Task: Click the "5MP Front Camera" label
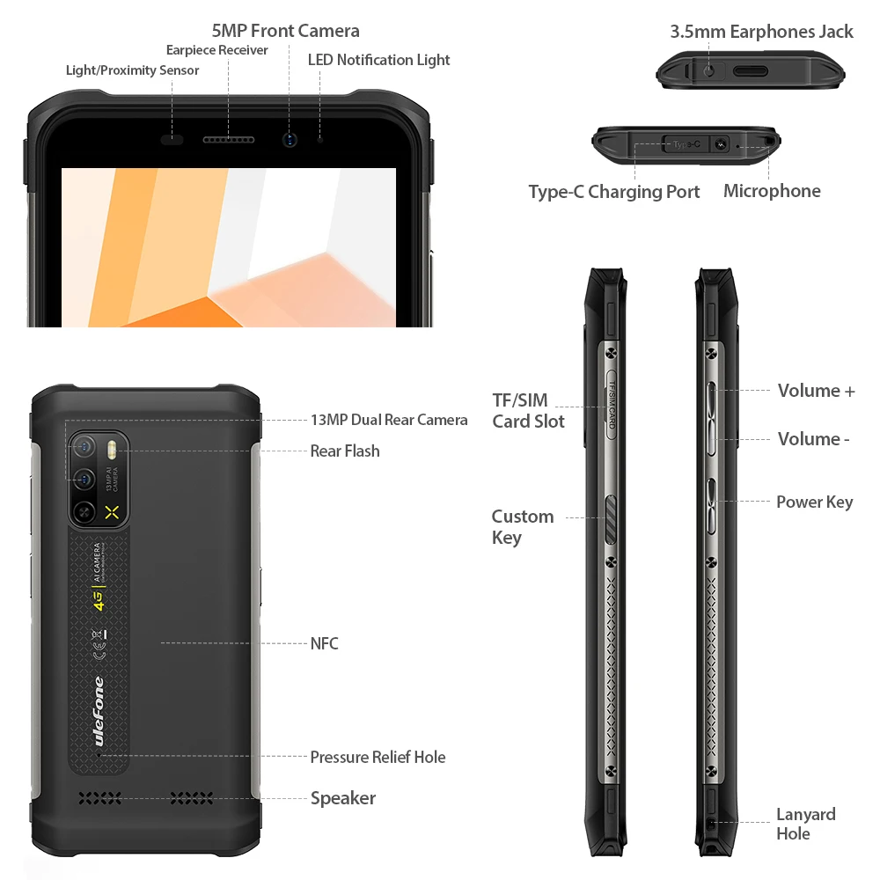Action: click(x=285, y=31)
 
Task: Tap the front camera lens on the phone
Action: click(x=290, y=140)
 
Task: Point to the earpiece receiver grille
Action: click(x=228, y=140)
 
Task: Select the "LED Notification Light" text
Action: click(x=378, y=60)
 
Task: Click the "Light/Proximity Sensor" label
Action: click(x=132, y=70)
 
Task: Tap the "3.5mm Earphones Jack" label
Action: click(x=761, y=32)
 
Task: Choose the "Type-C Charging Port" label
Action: click(x=613, y=192)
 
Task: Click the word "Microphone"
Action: click(x=772, y=191)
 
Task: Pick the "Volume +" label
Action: click(x=816, y=391)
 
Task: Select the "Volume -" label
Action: click(x=813, y=439)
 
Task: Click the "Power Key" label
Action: click(x=814, y=502)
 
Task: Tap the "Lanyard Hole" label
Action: click(x=805, y=824)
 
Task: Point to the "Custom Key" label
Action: click(x=523, y=527)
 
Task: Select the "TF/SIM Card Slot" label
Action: click(x=528, y=411)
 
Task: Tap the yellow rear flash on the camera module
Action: click(x=112, y=451)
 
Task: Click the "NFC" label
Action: click(x=324, y=643)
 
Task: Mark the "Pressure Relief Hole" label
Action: click(x=378, y=757)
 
